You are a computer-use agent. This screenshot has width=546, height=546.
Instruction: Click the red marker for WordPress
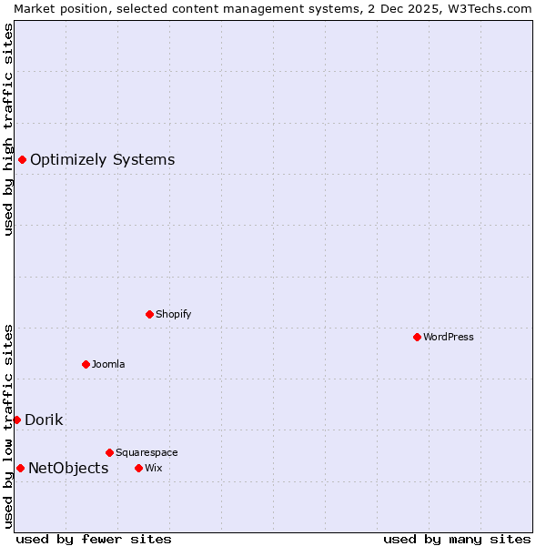tap(417, 337)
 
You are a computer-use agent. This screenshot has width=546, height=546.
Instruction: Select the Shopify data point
tap(149, 314)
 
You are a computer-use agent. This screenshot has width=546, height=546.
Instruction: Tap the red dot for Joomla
tap(86, 364)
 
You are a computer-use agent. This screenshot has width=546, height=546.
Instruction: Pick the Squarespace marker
tap(109, 452)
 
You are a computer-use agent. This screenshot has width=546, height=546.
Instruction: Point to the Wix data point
tap(138, 468)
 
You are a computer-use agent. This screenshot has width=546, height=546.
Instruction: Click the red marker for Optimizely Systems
tap(22, 160)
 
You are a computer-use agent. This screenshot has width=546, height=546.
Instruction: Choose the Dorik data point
tap(16, 420)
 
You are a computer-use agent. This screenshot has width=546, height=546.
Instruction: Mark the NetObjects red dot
tap(20, 468)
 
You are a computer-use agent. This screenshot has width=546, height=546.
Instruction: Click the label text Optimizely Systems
tap(102, 160)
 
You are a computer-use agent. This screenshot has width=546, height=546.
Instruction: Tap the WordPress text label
tap(449, 337)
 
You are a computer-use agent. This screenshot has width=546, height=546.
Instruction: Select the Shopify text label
tap(173, 314)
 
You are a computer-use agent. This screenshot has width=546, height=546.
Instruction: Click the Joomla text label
tap(108, 364)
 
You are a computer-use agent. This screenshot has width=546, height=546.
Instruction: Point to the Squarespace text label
tap(147, 452)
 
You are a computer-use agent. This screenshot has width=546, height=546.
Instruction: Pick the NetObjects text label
tap(68, 469)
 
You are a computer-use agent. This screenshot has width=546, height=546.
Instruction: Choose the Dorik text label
tap(44, 420)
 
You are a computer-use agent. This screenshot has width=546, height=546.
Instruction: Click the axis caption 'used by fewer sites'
tap(94, 539)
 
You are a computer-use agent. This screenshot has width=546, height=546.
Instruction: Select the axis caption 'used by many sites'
tap(457, 539)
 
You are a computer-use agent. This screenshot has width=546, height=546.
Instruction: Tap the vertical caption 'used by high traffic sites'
tap(8, 129)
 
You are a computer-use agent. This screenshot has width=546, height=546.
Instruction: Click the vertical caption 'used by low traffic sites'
tap(8, 426)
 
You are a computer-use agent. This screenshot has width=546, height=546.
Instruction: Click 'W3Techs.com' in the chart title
tap(489, 8)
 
